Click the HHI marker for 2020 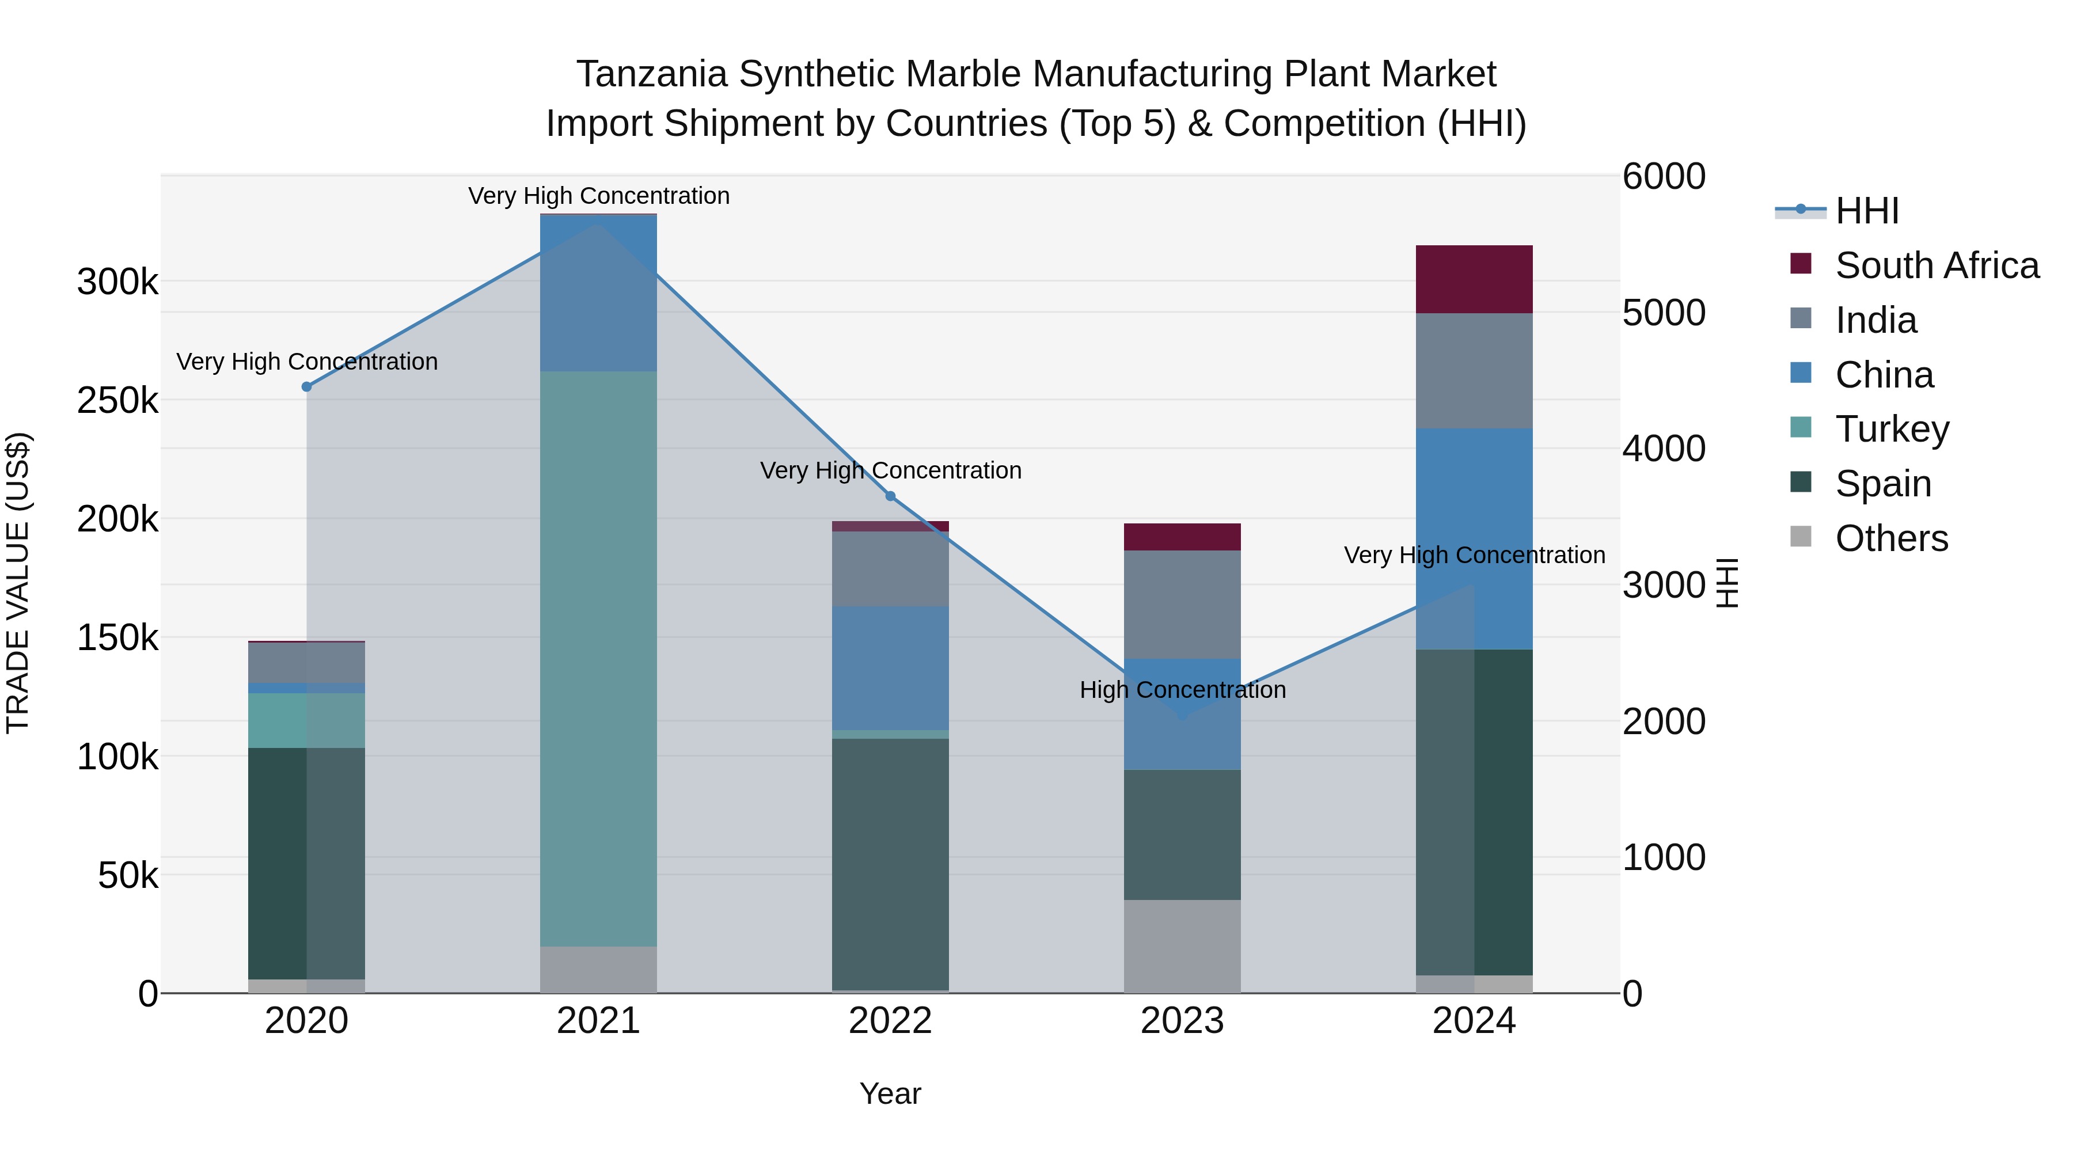click(x=306, y=387)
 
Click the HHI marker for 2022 click(x=890, y=496)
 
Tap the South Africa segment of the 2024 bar click(x=1474, y=279)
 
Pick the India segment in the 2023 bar click(x=1182, y=605)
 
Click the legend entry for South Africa click(x=1936, y=265)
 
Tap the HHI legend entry click(x=1867, y=211)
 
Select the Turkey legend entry click(x=1891, y=429)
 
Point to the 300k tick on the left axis click(x=117, y=283)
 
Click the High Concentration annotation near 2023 click(x=1182, y=690)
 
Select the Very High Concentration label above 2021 click(x=599, y=196)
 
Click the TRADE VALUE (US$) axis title click(x=18, y=583)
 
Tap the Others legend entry click(x=1891, y=538)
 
